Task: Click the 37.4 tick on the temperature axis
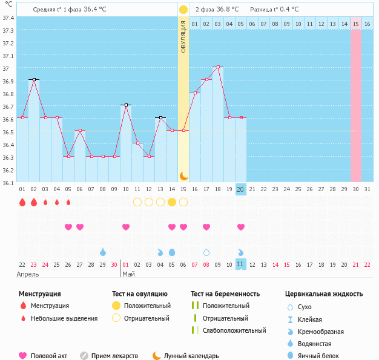9,18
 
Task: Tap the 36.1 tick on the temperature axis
9,182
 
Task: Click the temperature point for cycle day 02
34,79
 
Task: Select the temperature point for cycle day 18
218,67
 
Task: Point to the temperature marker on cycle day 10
126,105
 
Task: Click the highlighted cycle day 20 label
240,189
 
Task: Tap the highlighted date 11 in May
240,264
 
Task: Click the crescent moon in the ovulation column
183,175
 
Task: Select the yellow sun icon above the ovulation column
183,10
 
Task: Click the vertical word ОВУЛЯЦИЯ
183,36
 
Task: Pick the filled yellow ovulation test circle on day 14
172,202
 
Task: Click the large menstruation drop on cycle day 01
22,202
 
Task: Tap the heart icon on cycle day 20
241,227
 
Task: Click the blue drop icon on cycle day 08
103,252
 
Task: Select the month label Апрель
28,274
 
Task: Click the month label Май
128,274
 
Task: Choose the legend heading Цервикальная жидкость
324,294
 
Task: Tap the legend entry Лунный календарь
193,356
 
